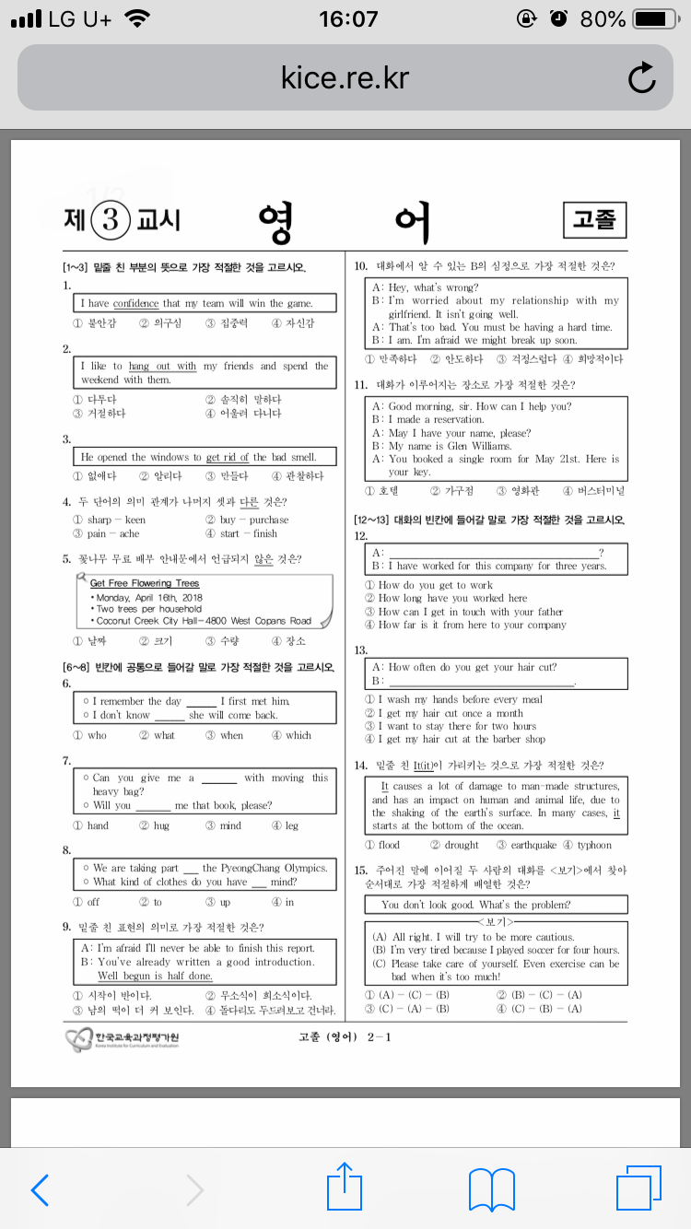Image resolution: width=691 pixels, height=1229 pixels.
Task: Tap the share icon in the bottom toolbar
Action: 345,1189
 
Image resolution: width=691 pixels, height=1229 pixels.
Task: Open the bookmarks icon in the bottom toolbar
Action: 491,1189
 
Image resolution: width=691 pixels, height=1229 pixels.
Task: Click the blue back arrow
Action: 40,1190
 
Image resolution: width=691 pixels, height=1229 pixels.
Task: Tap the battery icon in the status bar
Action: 656,18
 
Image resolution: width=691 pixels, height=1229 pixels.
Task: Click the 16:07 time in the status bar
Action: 347,18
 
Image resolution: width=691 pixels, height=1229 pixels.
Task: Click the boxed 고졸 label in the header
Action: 594,219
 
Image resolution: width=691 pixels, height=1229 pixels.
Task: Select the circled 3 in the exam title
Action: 111,219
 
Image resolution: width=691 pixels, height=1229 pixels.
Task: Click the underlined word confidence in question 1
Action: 136,303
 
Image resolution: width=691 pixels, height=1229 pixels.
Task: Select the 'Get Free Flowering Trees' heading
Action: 145,583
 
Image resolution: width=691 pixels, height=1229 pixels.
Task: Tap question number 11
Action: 360,384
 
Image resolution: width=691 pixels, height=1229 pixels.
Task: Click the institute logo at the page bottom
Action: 122,1039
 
